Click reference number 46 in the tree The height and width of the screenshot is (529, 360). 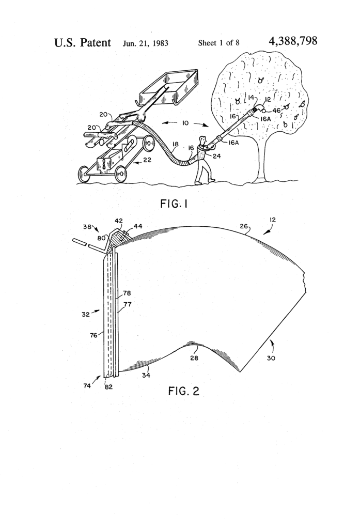point(276,110)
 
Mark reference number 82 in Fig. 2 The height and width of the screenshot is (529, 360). point(108,386)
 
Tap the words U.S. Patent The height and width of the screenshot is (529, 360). point(83,42)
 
